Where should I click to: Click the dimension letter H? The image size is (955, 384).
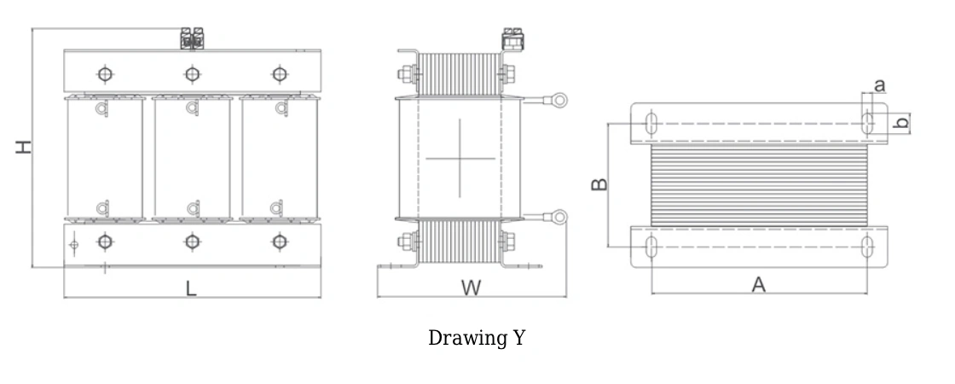pyautogui.click(x=26, y=147)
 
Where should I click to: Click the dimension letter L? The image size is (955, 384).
pyautogui.click(x=192, y=289)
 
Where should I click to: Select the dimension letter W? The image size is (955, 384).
pyautogui.click(x=471, y=288)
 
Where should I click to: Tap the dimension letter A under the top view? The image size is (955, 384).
pyautogui.click(x=758, y=286)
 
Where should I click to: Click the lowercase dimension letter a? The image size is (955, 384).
pyautogui.click(x=879, y=84)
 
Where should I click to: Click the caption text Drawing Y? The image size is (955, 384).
pyautogui.click(x=477, y=338)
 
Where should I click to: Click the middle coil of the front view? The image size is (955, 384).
pyautogui.click(x=192, y=159)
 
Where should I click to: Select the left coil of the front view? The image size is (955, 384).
pyautogui.click(x=104, y=159)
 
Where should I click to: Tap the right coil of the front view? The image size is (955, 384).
pyautogui.click(x=279, y=159)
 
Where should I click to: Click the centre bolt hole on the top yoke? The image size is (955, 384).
pyautogui.click(x=192, y=73)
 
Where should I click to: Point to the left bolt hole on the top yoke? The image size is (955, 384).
pyautogui.click(x=104, y=73)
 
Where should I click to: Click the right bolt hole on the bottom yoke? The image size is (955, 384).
pyautogui.click(x=279, y=241)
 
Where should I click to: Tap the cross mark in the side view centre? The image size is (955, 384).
pyautogui.click(x=460, y=158)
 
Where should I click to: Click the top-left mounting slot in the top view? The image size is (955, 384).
pyautogui.click(x=651, y=123)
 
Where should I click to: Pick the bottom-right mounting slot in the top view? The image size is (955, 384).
pyautogui.click(x=867, y=248)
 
